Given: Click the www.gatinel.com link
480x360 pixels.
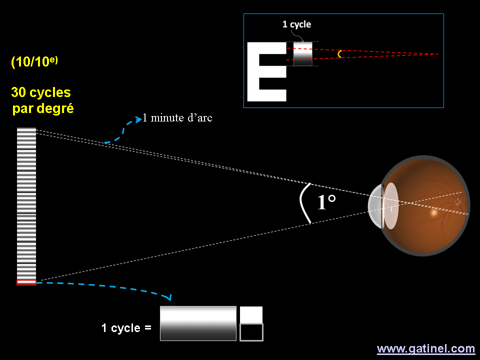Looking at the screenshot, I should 425,348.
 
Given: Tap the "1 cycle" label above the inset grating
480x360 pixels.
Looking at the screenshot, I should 296,24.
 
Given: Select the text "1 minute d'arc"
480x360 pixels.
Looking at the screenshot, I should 177,118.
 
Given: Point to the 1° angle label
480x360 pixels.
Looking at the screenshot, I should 326,202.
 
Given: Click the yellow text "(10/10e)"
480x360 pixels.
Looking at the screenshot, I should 34,62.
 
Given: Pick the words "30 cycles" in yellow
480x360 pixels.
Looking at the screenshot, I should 41,92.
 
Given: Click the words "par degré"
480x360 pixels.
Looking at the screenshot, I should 43,108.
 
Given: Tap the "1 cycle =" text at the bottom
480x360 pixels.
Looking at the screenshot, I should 126,328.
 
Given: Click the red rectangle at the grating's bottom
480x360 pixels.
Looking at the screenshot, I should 26,282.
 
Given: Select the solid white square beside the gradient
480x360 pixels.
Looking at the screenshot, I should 251,314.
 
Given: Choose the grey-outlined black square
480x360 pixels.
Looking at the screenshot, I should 251,332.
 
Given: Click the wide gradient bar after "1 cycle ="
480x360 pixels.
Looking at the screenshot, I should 198,323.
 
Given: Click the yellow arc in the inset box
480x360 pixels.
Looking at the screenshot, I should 339,53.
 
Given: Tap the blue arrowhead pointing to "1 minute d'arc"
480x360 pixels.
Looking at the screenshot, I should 138,120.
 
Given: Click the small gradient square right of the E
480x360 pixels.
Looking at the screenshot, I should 302,53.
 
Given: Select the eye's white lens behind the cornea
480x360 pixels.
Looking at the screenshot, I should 390,205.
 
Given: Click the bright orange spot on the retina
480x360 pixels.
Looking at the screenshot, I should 433,212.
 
